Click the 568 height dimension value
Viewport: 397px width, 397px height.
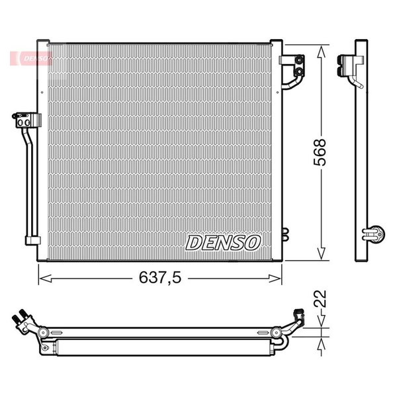coord(320,152)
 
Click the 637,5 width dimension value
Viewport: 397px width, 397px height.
coord(160,277)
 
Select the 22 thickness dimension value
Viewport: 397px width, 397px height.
coord(320,299)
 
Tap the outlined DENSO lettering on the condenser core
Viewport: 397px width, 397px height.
coord(223,243)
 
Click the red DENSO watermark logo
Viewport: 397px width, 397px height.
coord(31,58)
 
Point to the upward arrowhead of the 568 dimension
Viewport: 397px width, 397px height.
coord(321,52)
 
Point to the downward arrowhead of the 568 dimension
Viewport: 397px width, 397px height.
coord(321,253)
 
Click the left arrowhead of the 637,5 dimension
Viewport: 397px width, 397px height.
coord(46,279)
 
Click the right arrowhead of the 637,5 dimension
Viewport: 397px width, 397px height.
coord(275,279)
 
